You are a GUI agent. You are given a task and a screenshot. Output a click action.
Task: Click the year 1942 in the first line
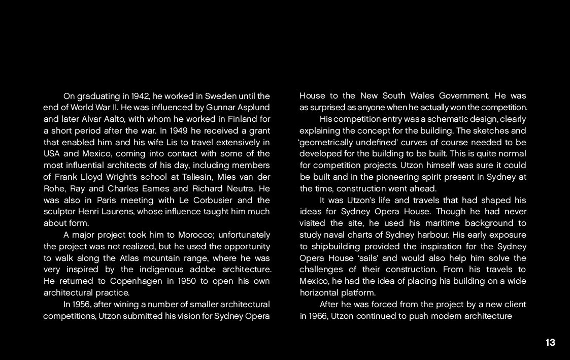point(140,96)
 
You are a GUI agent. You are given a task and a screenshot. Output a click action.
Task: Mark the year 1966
point(318,316)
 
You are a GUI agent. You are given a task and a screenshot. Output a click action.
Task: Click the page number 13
point(550,343)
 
